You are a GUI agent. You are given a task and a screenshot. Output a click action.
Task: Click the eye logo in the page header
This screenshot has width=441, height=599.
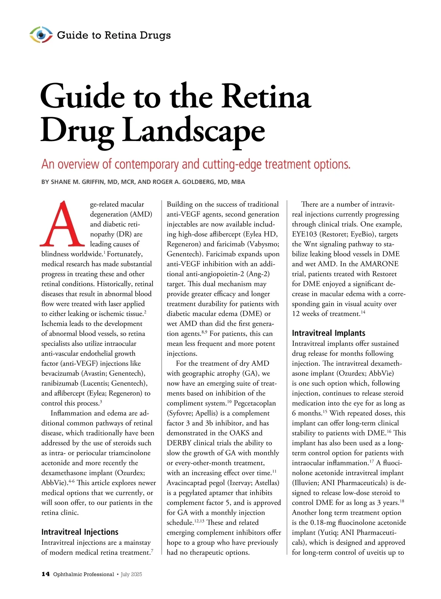coord(41,35)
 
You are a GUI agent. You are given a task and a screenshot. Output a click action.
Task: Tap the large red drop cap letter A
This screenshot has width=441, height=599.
coord(62,224)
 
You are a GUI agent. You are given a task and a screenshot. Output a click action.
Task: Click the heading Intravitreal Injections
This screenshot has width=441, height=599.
coord(80,532)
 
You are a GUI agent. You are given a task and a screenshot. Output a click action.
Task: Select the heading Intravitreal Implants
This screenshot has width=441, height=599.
coord(329,333)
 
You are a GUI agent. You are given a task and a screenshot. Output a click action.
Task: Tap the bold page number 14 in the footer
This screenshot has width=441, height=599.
coord(46,574)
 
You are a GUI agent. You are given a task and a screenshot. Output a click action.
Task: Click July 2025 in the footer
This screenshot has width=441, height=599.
coord(131,574)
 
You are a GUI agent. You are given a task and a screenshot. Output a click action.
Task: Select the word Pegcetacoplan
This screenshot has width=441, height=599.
coord(255,403)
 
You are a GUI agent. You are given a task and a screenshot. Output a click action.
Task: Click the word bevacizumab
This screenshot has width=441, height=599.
coord(61,374)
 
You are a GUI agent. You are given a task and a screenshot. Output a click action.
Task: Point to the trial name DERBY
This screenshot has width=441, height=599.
coord(179,443)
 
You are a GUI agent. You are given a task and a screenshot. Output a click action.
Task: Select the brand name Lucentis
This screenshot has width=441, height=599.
coord(95,383)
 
